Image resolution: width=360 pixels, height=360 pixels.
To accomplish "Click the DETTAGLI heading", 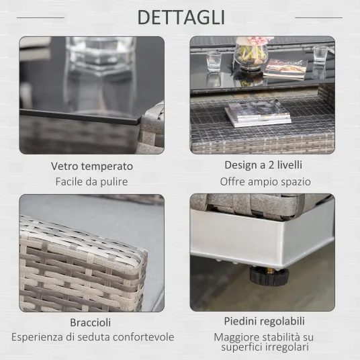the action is coord(181,17).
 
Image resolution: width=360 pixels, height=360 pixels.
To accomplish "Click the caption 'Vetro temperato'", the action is coord(92,166).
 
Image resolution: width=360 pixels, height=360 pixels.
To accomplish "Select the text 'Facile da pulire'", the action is coord(91,181).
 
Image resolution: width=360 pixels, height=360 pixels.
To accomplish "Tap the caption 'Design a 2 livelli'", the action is coord(263,165).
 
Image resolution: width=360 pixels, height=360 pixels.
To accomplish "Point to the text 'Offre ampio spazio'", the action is coord(265,181).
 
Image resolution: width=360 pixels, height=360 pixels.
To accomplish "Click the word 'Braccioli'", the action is coord(91,322).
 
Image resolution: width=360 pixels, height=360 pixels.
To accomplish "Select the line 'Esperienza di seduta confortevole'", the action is coord(93,337).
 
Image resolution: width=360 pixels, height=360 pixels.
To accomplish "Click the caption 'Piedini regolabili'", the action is coord(265,321).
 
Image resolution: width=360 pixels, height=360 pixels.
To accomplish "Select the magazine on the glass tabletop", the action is coord(285,69).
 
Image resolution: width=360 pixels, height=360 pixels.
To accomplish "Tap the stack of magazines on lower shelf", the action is coord(258,114).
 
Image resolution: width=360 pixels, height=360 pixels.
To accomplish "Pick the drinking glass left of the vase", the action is coord(214,61).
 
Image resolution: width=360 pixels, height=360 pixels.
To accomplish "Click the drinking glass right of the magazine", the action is coord(320,56).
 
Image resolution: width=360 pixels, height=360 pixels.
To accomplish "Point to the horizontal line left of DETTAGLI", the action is coord(40,17).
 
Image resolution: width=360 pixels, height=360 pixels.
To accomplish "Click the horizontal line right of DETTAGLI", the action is coord(318,17).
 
